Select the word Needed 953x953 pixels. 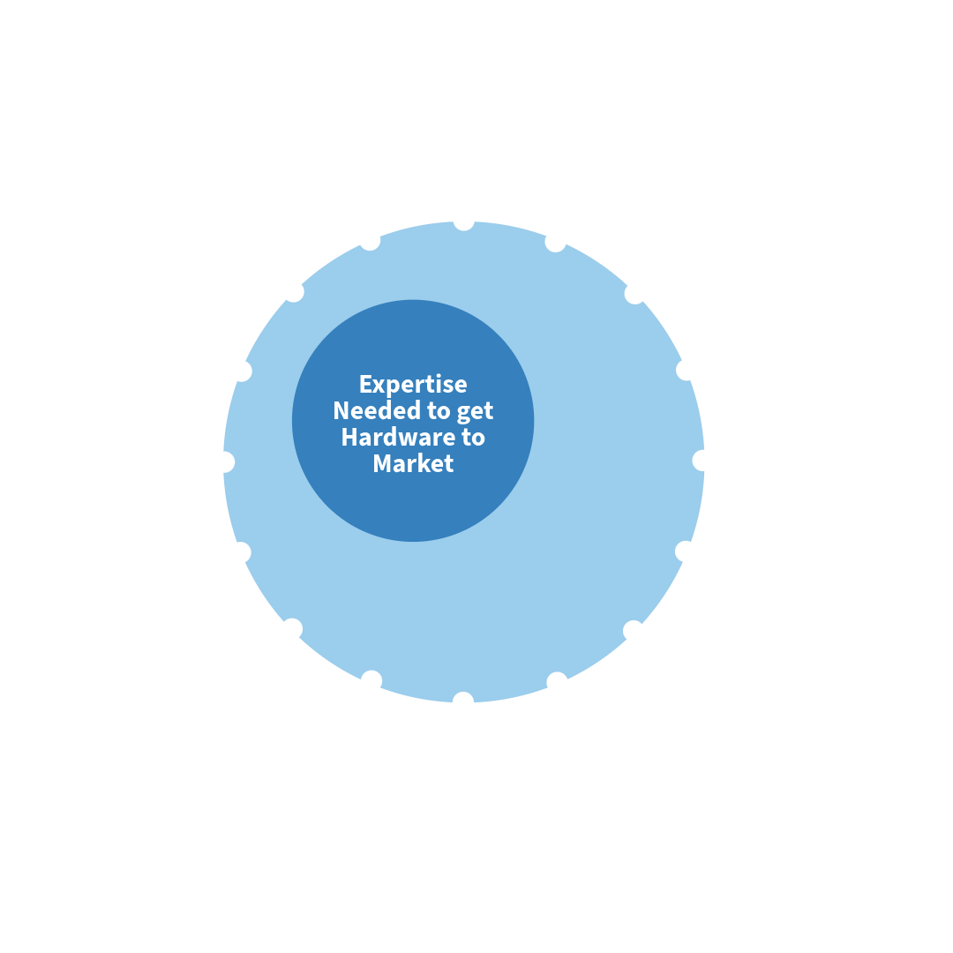377,411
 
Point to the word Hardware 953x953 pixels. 398,437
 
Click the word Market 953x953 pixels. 413,464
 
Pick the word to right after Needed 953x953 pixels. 439,411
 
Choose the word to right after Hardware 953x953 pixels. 473,438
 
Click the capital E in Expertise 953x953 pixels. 365,384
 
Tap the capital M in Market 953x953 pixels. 382,463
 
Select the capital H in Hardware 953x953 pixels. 349,437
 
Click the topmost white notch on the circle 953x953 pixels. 464,225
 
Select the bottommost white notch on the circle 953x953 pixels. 463,698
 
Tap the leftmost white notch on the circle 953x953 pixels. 228,461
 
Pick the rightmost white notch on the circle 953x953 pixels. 699,461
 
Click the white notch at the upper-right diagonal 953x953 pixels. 633,294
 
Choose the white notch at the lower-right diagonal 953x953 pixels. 633,630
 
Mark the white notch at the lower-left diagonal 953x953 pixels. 293,628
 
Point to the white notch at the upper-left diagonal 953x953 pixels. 295,293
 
